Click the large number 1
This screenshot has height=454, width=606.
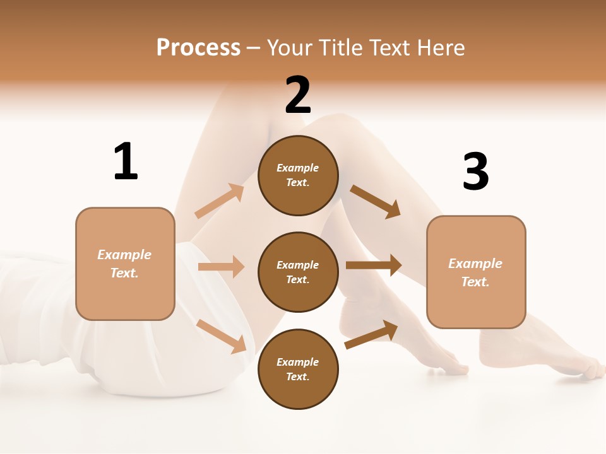[126, 161]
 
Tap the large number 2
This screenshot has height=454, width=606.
[298, 96]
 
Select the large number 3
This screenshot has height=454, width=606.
[475, 172]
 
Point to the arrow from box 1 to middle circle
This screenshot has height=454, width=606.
[221, 267]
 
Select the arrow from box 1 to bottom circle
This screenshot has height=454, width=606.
[221, 335]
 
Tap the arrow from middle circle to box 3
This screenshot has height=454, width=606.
[374, 265]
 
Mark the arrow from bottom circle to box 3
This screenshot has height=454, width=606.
[371, 335]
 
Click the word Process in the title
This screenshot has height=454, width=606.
[198, 47]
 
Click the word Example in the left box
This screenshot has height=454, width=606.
[124, 255]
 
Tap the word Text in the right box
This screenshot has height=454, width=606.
[475, 282]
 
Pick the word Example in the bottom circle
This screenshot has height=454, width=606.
[298, 362]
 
